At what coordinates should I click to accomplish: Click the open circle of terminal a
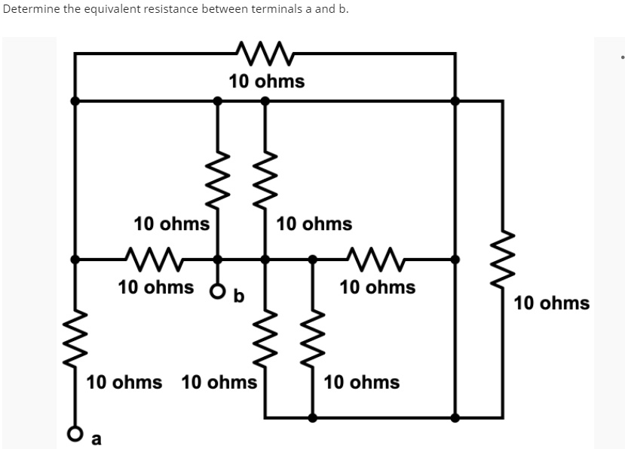pos(74,433)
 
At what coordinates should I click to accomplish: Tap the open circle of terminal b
pos(218,291)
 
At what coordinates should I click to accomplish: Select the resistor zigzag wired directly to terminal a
pos(74,340)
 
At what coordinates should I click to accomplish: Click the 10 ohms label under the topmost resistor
pos(267,81)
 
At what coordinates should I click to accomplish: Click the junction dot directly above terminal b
pos(218,259)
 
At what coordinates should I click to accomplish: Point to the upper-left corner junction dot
pos(74,100)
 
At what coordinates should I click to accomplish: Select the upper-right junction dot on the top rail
pos(455,100)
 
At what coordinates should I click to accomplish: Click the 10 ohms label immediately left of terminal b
pos(155,288)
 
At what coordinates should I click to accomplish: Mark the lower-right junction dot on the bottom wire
pos(455,417)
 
